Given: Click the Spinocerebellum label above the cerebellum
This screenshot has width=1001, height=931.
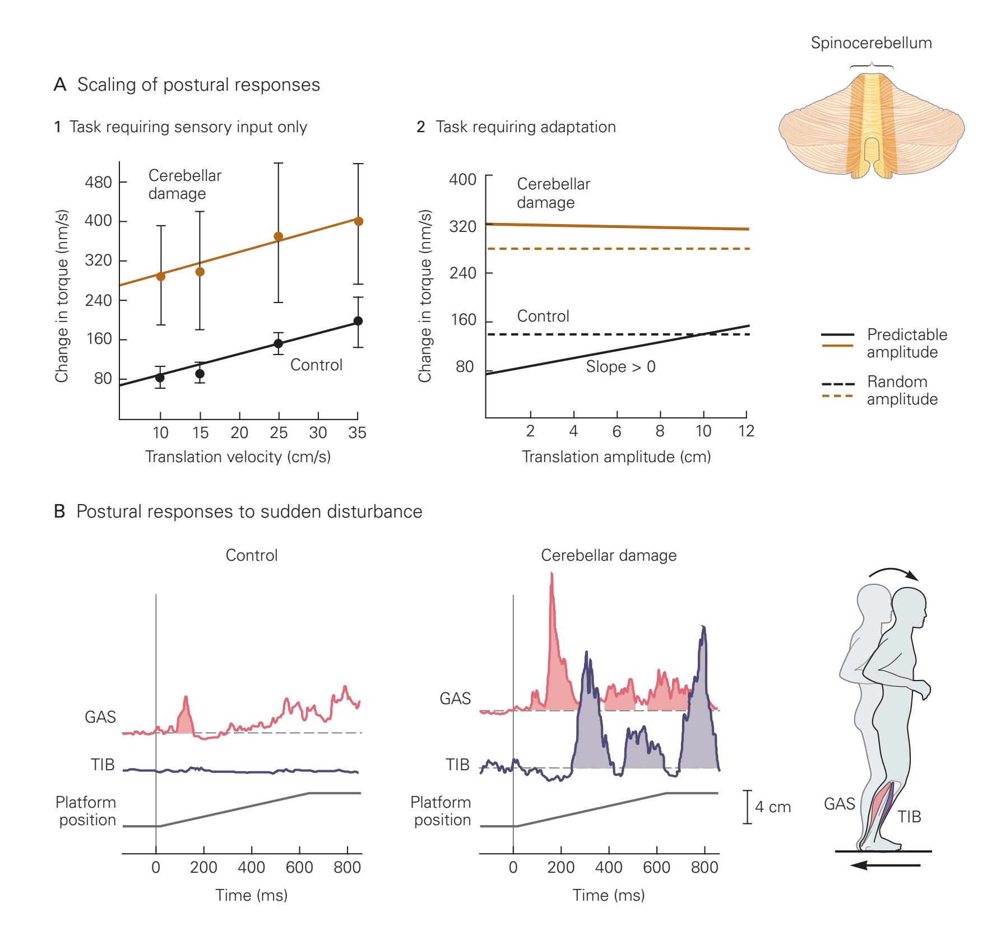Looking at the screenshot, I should [871, 43].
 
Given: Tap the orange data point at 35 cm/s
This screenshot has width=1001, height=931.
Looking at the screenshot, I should [359, 221].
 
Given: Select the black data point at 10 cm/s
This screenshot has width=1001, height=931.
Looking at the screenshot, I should [160, 378].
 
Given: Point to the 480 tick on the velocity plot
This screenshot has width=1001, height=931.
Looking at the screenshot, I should [98, 182].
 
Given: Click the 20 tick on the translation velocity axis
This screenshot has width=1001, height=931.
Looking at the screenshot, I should [239, 433].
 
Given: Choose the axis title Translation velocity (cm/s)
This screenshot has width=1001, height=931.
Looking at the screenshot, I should [238, 457].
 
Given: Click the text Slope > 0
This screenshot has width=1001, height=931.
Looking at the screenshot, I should [620, 367].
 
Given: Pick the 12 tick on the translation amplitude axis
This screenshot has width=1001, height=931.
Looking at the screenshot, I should [747, 431].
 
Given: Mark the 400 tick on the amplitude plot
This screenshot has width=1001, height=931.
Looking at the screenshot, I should [463, 180].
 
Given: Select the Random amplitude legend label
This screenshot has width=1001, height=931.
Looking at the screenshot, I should [902, 390].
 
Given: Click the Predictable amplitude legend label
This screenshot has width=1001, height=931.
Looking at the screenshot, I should [907, 343].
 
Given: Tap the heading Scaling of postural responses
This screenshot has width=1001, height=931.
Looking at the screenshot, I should [198, 85].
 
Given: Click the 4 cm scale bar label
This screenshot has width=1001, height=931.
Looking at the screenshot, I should [773, 807].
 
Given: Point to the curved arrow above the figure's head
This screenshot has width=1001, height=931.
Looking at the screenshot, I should [893, 580].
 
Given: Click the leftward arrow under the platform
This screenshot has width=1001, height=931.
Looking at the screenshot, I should [884, 866].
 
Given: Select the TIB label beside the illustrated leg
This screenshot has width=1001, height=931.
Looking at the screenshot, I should [909, 817].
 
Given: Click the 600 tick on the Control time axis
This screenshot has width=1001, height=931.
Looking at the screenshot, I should [299, 868].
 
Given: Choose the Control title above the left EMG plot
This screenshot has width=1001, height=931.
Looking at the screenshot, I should [251, 556].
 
